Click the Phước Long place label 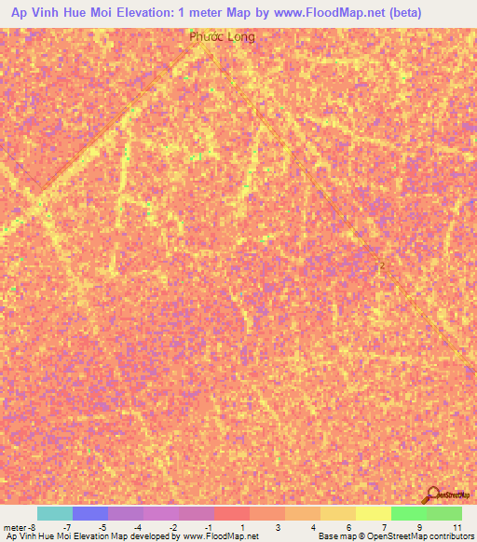pos(221,37)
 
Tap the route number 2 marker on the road pos(381,265)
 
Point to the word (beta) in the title pos(400,12)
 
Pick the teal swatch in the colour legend pos(54,513)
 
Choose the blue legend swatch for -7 pos(89,513)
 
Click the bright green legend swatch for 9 pos(408,513)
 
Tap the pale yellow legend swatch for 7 pos(373,513)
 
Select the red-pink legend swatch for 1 pos(231,513)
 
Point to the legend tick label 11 pos(457,526)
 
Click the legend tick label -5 pos(102,526)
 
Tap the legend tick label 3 pos(279,526)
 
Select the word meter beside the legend pos(16,526)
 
